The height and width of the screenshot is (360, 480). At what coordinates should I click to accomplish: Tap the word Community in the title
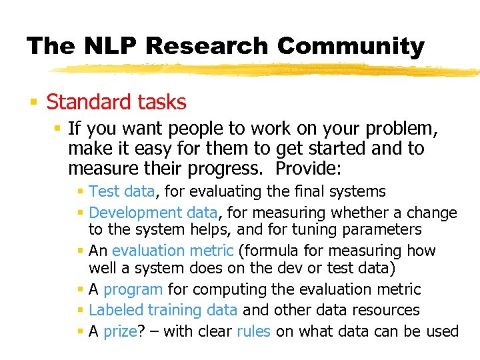click(351, 46)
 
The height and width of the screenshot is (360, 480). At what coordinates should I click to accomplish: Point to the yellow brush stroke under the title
click(267, 69)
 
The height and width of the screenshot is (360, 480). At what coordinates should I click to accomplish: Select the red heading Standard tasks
click(116, 102)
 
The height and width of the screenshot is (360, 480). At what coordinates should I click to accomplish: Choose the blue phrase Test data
click(121, 192)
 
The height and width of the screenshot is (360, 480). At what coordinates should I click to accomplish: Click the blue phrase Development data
click(153, 213)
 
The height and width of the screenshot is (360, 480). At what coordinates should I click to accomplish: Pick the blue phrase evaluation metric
click(173, 251)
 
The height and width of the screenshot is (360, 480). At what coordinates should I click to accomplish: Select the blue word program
click(133, 290)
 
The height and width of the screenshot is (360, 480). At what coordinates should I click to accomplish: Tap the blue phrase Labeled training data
click(163, 310)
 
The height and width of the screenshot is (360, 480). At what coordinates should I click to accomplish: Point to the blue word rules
click(253, 331)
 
